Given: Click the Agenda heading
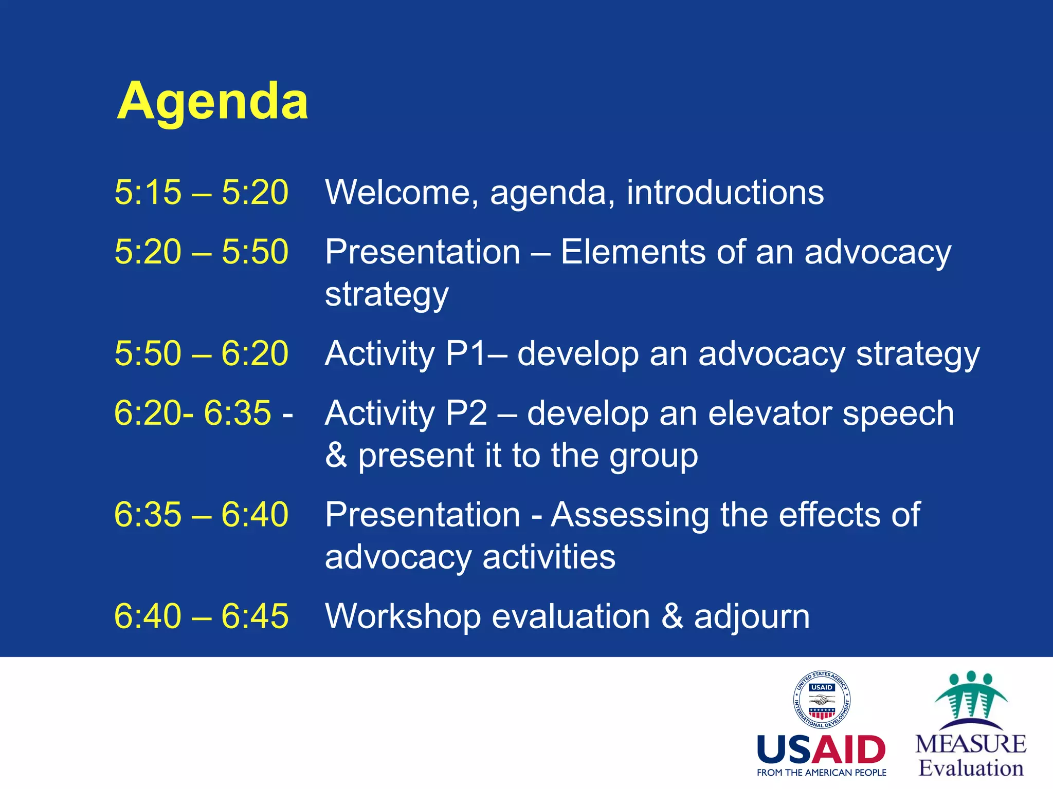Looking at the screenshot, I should click(212, 101).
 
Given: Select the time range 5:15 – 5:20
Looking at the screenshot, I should click(201, 193).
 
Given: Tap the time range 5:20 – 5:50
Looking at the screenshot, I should click(201, 252).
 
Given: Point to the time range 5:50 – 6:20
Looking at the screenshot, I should click(201, 353).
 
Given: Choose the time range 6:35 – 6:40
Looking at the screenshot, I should click(201, 514).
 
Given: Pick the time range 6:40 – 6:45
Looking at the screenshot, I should click(201, 616).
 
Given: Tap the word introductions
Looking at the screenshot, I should click(725, 193).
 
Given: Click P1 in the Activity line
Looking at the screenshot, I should click(466, 353).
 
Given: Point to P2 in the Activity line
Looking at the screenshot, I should click(467, 412).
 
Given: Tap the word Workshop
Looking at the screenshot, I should click(403, 616).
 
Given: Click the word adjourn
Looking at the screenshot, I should click(752, 616).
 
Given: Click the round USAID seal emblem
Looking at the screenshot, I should click(822, 700).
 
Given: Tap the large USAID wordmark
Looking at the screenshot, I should click(821, 750).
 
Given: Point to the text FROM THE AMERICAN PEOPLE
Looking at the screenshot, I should click(821, 773).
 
